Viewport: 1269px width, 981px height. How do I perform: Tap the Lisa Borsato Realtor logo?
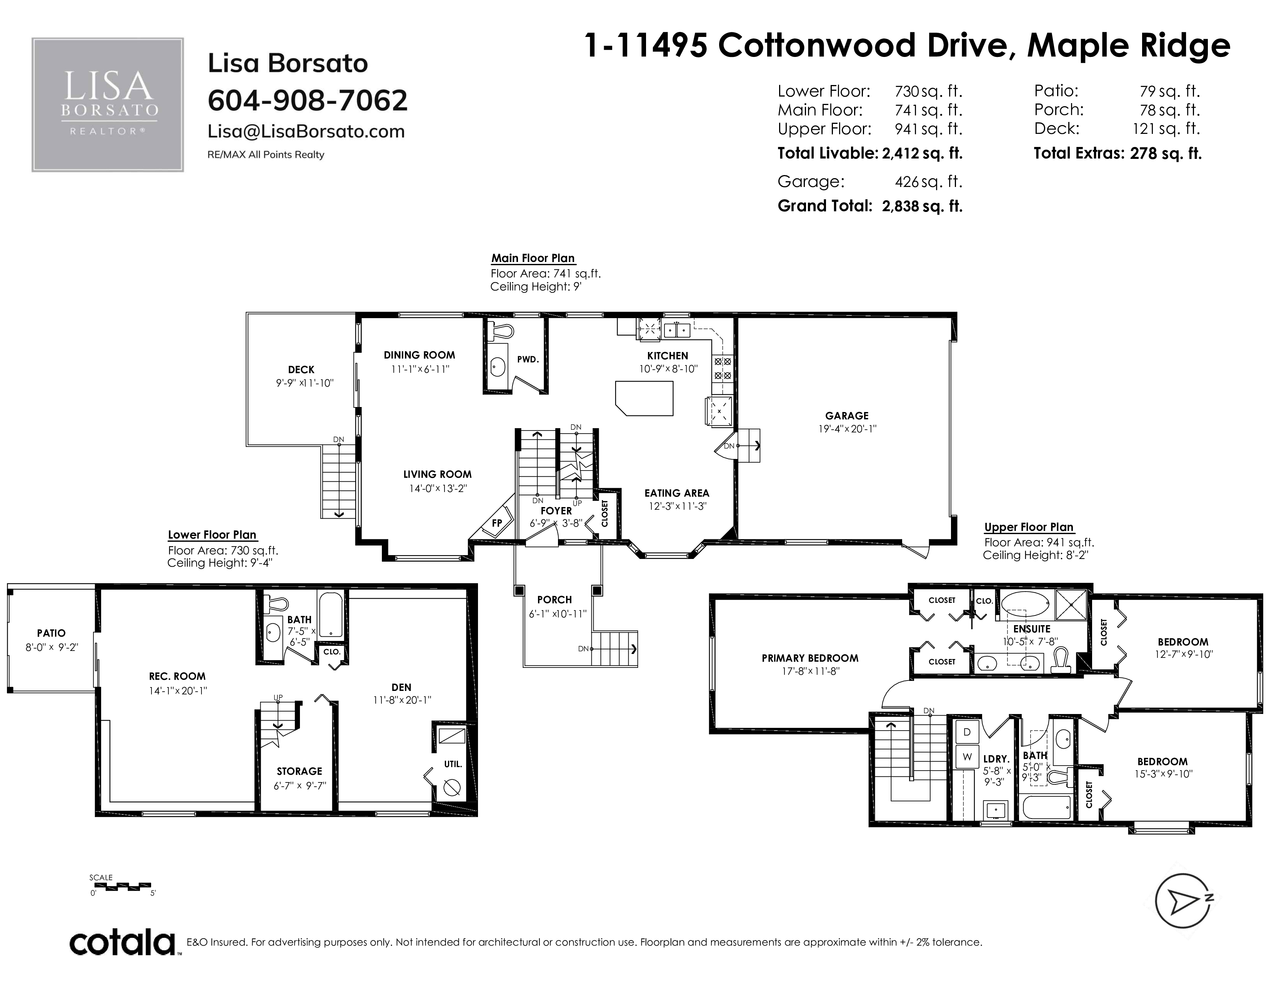click(108, 105)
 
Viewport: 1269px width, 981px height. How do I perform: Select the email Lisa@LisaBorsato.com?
click(306, 131)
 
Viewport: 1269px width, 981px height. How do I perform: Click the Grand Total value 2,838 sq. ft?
click(922, 206)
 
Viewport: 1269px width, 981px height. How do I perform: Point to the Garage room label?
click(847, 415)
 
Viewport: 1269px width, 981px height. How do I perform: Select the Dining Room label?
click(419, 355)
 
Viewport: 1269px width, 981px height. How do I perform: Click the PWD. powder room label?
click(528, 360)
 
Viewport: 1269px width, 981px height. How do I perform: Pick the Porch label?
click(554, 600)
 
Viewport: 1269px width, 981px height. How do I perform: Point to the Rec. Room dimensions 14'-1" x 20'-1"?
click(177, 691)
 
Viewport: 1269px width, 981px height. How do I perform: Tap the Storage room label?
click(299, 771)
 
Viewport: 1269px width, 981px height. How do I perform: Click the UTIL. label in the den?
click(453, 764)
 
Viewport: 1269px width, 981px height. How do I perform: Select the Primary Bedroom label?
click(810, 659)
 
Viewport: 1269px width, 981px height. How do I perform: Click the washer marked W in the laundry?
click(968, 757)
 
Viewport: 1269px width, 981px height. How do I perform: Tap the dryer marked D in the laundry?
click(968, 732)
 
